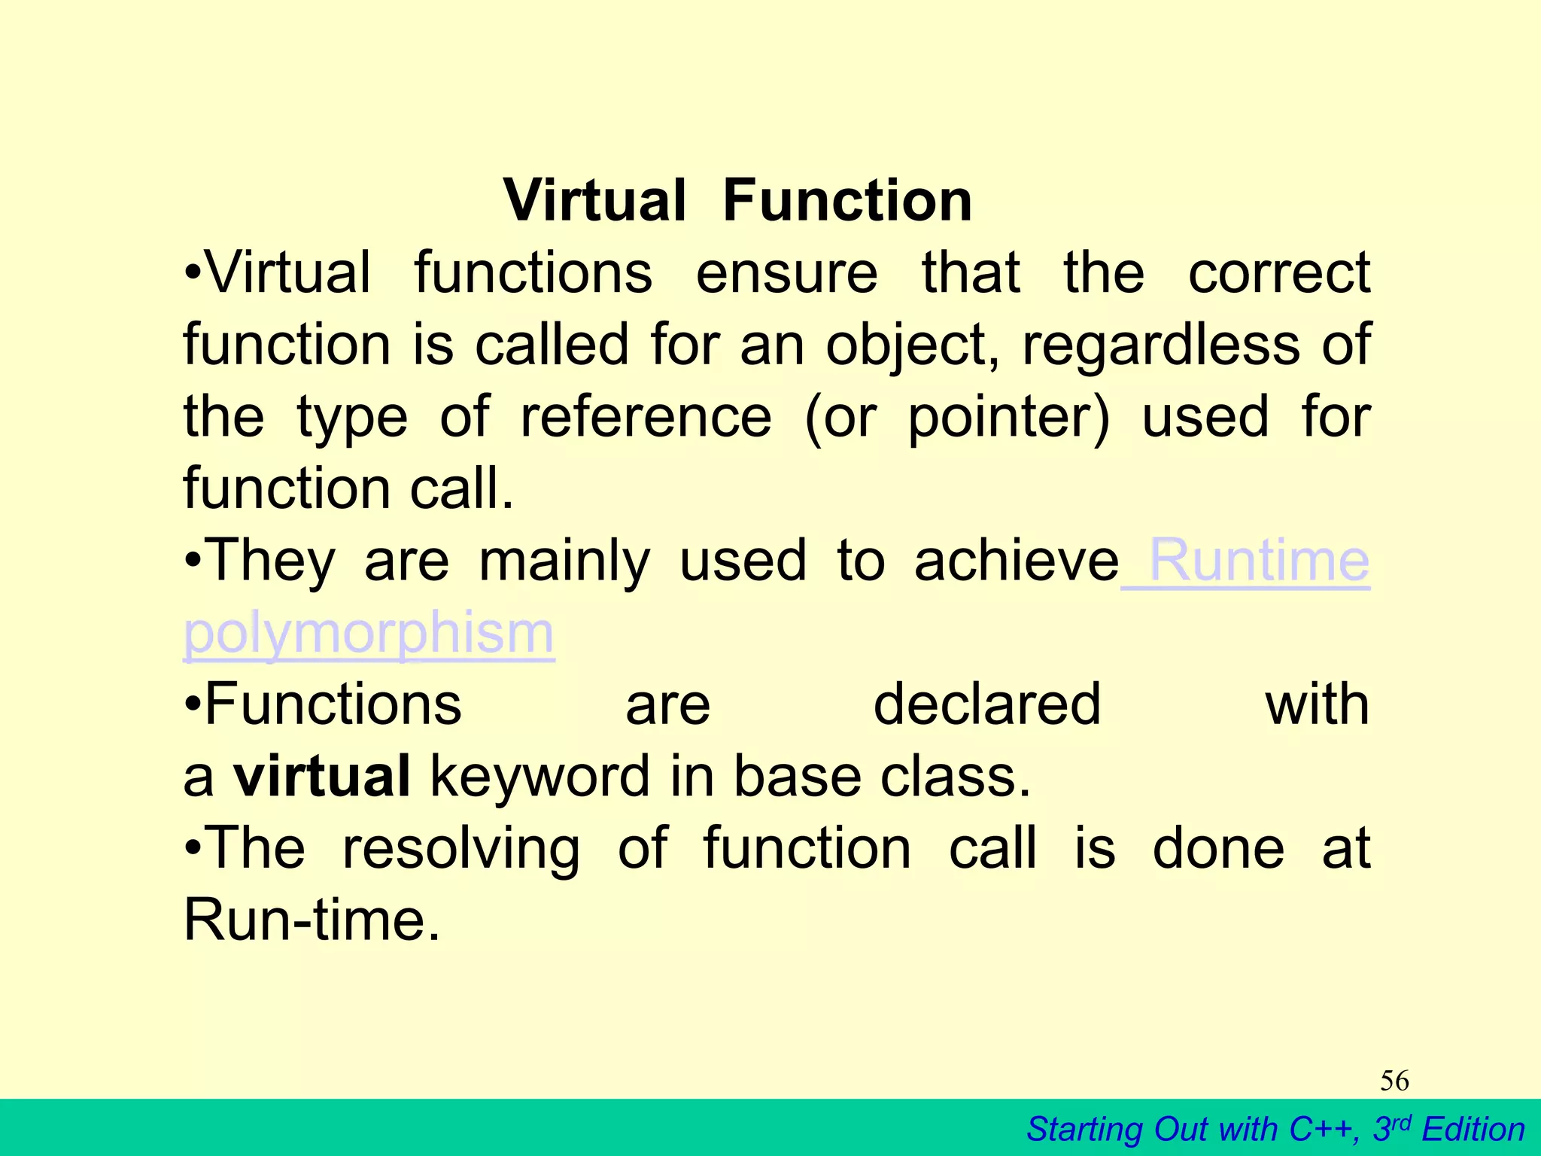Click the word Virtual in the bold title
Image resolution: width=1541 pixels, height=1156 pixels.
(x=594, y=201)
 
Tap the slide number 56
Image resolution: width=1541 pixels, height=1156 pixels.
(x=1394, y=1081)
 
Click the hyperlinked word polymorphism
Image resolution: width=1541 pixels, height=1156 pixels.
(x=369, y=634)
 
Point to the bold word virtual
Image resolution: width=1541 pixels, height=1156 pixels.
(x=322, y=777)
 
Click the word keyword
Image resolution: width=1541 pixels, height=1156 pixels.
(x=540, y=777)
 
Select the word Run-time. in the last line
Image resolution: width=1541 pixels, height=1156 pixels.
(x=312, y=920)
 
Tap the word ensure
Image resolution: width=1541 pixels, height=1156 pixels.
(x=786, y=273)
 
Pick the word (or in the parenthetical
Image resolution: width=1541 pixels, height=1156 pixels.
(x=840, y=418)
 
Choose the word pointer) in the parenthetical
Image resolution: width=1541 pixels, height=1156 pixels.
(x=1009, y=418)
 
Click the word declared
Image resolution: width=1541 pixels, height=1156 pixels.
(x=987, y=705)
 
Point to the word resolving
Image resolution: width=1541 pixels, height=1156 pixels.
(x=461, y=849)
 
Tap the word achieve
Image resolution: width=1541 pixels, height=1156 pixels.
(x=1017, y=561)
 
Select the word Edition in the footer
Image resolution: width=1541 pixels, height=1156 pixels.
(x=1473, y=1130)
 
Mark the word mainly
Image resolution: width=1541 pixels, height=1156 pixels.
(x=564, y=561)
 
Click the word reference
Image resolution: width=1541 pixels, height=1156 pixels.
(x=646, y=418)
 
